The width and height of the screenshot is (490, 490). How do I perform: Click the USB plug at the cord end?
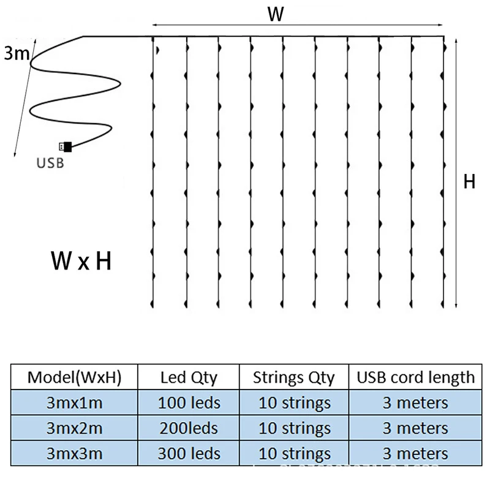click(66, 147)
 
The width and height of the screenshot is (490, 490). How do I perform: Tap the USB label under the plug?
click(50, 164)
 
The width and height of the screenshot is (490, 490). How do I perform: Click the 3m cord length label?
click(16, 54)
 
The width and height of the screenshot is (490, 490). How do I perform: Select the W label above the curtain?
click(276, 15)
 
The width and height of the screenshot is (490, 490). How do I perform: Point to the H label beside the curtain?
click(469, 182)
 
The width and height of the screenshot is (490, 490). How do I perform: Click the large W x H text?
click(81, 262)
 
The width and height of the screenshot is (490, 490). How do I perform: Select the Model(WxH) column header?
click(74, 377)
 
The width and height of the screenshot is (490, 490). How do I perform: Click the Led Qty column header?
click(189, 377)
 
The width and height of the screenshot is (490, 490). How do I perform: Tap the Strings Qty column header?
click(293, 377)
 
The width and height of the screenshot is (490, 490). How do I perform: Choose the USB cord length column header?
click(415, 377)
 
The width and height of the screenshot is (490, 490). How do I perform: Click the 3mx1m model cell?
click(74, 403)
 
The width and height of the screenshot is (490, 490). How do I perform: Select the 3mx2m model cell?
click(74, 428)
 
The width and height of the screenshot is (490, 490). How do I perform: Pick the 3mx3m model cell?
click(74, 454)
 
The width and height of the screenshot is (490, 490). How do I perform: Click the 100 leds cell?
click(189, 403)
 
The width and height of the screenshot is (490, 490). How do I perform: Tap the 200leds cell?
click(189, 428)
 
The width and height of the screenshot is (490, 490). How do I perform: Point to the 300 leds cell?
click(189, 454)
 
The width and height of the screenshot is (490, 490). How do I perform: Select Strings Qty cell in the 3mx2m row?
click(293, 428)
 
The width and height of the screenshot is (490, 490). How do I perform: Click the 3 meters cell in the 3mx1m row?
click(415, 403)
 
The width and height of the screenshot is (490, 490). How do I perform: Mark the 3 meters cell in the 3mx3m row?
click(415, 454)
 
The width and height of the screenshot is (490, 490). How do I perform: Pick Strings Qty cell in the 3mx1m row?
click(293, 403)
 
